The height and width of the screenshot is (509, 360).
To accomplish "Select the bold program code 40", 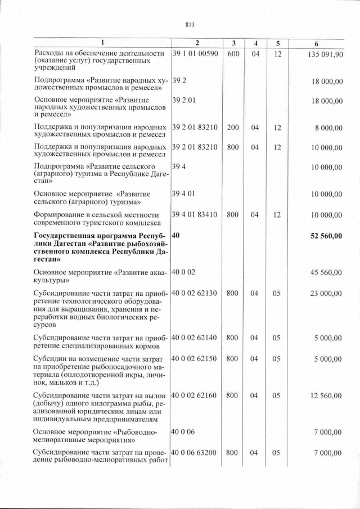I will (175, 236).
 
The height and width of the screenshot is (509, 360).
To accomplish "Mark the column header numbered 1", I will (102, 43).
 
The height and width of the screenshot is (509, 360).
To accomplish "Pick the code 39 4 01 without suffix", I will (183, 193).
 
